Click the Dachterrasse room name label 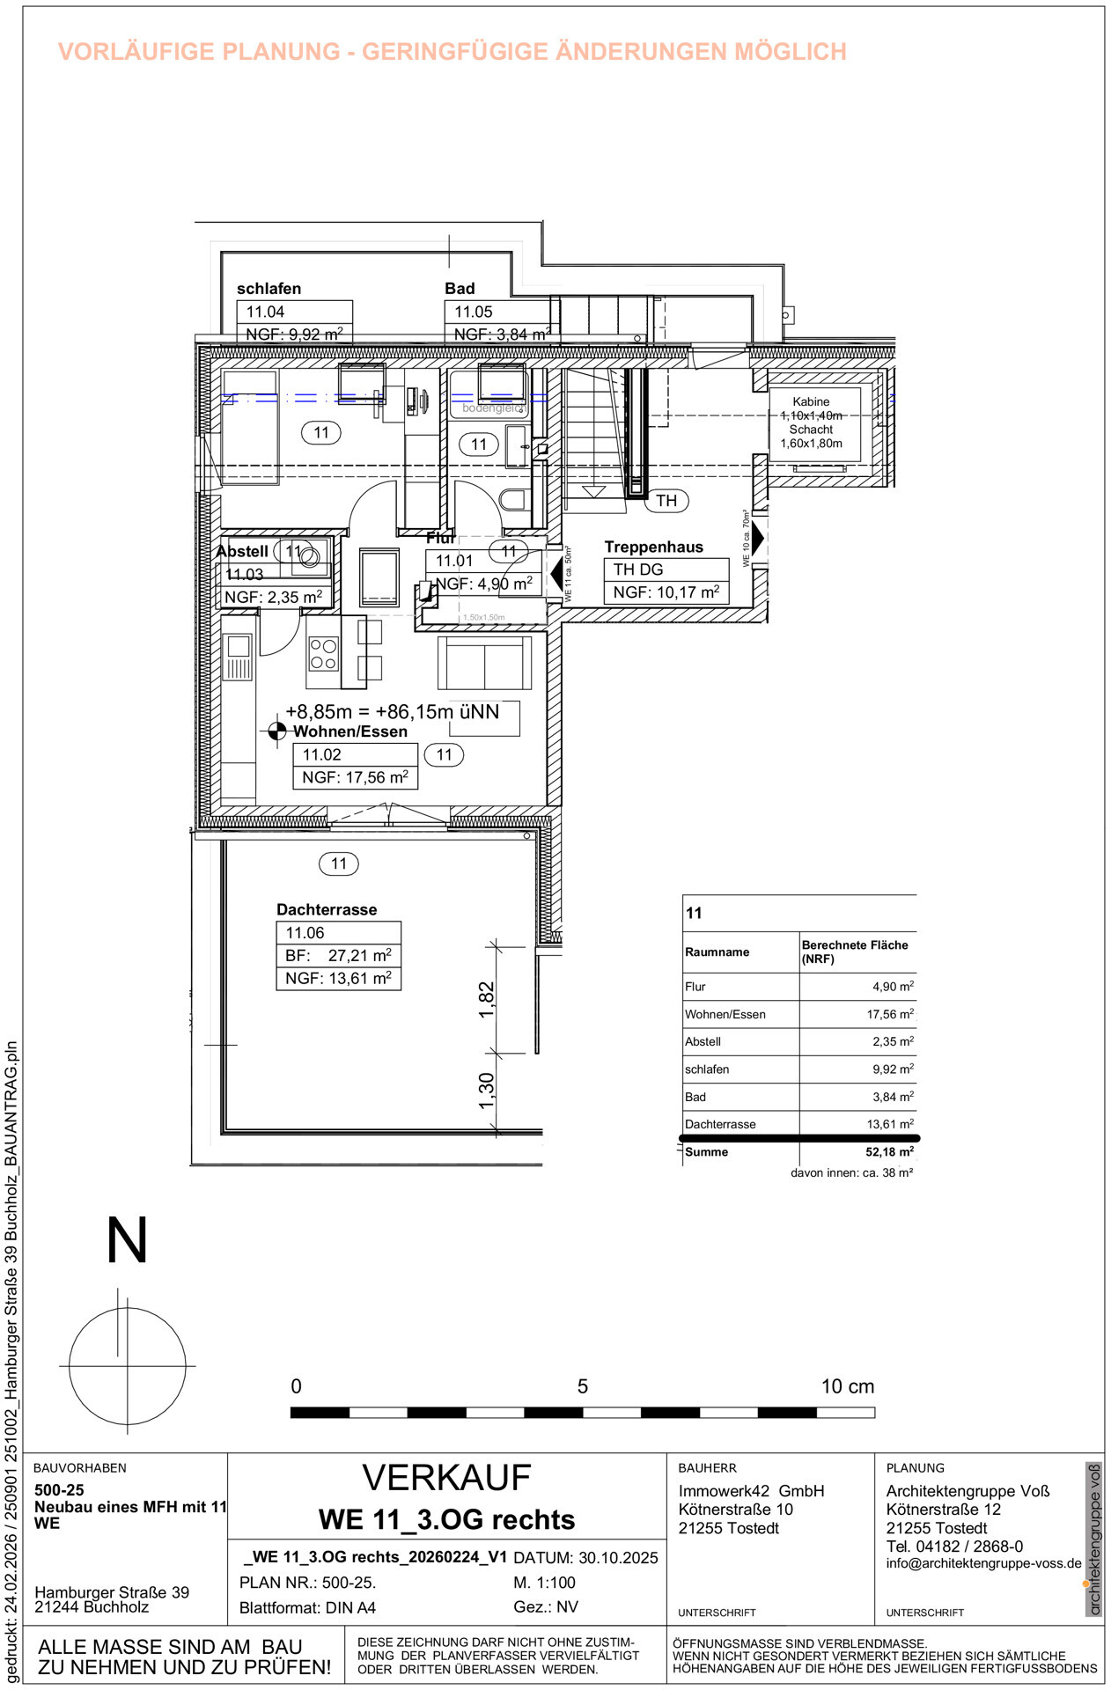[x=327, y=909]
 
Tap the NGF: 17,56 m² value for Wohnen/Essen [x=355, y=777]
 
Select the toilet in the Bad [x=513, y=500]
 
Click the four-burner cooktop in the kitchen [x=323, y=654]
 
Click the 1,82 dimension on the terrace [x=487, y=999]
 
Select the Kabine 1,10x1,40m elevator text [x=811, y=408]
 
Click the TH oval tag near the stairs [x=666, y=501]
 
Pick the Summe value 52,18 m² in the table [x=889, y=1151]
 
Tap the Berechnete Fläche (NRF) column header [x=854, y=952]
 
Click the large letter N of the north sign [x=127, y=1240]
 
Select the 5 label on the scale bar [x=582, y=1386]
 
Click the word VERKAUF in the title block [x=446, y=1478]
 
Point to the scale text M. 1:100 [x=545, y=1582]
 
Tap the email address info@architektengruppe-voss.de [x=983, y=1563]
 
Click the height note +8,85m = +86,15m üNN [x=392, y=711]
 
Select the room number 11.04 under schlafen [x=265, y=312]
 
